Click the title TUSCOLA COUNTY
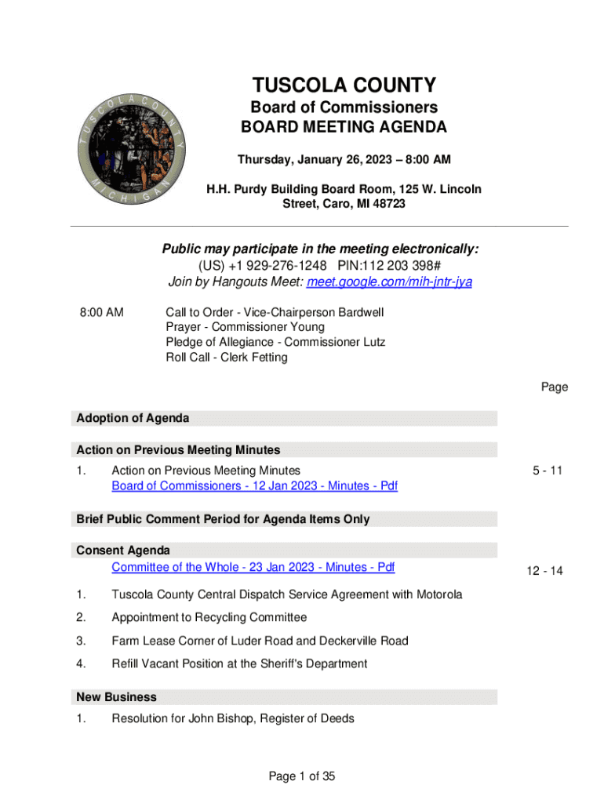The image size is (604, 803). (x=344, y=85)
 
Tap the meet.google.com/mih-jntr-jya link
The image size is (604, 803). (x=390, y=282)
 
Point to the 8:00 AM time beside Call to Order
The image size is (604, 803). (x=101, y=312)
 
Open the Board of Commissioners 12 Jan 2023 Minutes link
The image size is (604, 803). (x=254, y=486)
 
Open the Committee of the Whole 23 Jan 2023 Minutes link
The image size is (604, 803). (x=253, y=567)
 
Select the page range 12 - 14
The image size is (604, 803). (x=545, y=571)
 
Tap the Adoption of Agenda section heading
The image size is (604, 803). (x=133, y=419)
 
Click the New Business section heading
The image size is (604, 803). (x=116, y=697)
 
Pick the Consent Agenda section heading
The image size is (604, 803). (x=122, y=550)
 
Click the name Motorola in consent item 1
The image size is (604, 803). (x=436, y=594)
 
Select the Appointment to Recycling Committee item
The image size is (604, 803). (x=209, y=618)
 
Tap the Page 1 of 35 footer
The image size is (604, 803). (x=302, y=776)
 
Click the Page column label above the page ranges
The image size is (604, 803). (x=554, y=387)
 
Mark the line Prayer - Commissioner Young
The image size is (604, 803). (x=245, y=327)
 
